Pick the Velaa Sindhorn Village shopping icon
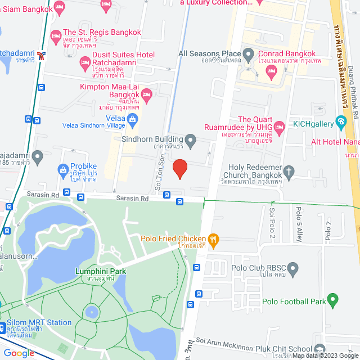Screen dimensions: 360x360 click(x=132, y=118)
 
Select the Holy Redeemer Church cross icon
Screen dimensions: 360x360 click(x=289, y=170)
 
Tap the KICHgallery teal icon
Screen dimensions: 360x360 click(x=340, y=121)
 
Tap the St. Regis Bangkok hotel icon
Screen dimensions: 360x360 click(x=56, y=38)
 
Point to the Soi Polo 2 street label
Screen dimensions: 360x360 click(x=272, y=222)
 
